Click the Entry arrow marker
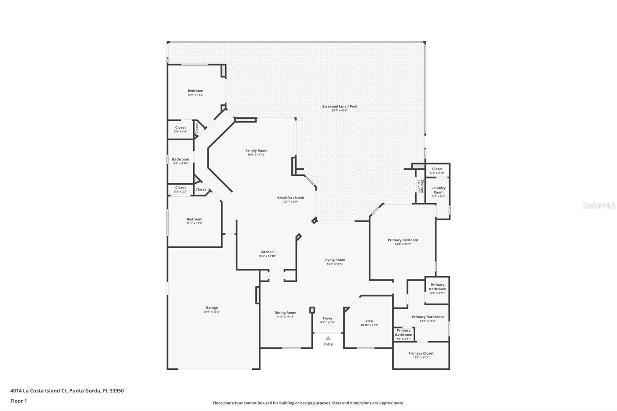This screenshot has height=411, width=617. [328, 338]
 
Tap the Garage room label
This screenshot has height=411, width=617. [211, 308]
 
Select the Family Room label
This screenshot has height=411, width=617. [256, 151]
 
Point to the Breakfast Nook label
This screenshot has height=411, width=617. [290, 197]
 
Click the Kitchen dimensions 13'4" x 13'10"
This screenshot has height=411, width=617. [267, 256]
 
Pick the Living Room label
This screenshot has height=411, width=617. [334, 260]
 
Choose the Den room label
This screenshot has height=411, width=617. [369, 321]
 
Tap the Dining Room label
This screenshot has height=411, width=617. [285, 313]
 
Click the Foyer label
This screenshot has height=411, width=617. [327, 318]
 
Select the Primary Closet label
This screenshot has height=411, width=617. [421, 353]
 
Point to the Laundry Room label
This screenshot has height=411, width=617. [438, 190]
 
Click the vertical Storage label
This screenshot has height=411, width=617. [422, 186]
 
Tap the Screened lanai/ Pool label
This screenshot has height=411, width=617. [340, 106]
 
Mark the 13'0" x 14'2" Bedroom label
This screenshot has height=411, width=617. [195, 91]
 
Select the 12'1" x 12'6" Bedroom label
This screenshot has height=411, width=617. [194, 219]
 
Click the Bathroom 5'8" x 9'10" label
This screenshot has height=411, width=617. [180, 159]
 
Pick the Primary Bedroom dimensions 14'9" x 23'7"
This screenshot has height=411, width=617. [403, 244]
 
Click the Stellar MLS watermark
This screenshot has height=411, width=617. [598, 205]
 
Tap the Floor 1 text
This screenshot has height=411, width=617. [19, 401]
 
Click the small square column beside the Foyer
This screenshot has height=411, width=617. [312, 310]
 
